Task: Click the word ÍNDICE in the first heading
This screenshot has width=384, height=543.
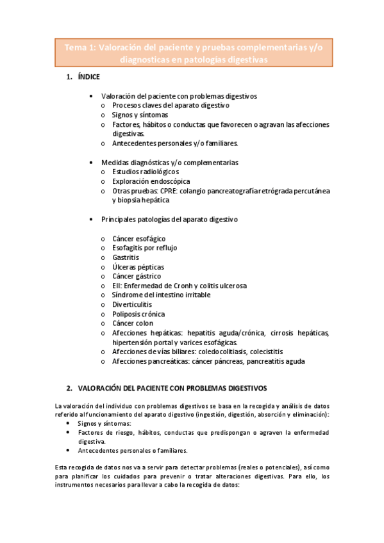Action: pos(88,77)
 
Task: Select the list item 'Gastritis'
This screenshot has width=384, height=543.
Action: pos(126,257)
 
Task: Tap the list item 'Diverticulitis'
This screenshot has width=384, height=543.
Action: pos(132,304)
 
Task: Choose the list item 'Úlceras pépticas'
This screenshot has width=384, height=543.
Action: pos(138,266)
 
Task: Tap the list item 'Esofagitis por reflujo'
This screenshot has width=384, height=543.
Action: pos(144,247)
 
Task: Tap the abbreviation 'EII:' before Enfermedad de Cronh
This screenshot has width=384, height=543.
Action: pos(118,286)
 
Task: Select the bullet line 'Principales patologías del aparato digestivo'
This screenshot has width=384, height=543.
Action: pos(169,219)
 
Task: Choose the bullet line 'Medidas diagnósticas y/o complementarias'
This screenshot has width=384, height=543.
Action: pos(169,162)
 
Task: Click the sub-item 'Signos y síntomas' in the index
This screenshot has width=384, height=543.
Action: pos(140,115)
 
